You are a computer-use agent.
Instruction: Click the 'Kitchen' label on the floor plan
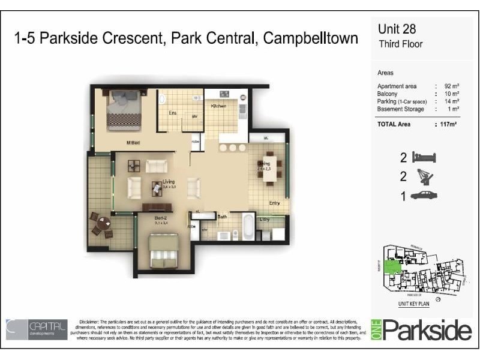click(218, 106)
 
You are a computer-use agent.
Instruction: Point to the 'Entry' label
click(275, 203)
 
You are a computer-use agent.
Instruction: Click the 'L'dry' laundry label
click(264, 220)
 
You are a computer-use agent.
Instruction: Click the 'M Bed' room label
click(133, 142)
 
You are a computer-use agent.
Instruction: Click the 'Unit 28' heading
click(397, 29)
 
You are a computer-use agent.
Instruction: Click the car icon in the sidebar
click(424, 195)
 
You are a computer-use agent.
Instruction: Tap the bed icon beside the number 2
click(424, 158)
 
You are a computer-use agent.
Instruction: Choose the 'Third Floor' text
click(400, 44)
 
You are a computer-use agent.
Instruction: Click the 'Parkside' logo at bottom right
click(426, 330)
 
